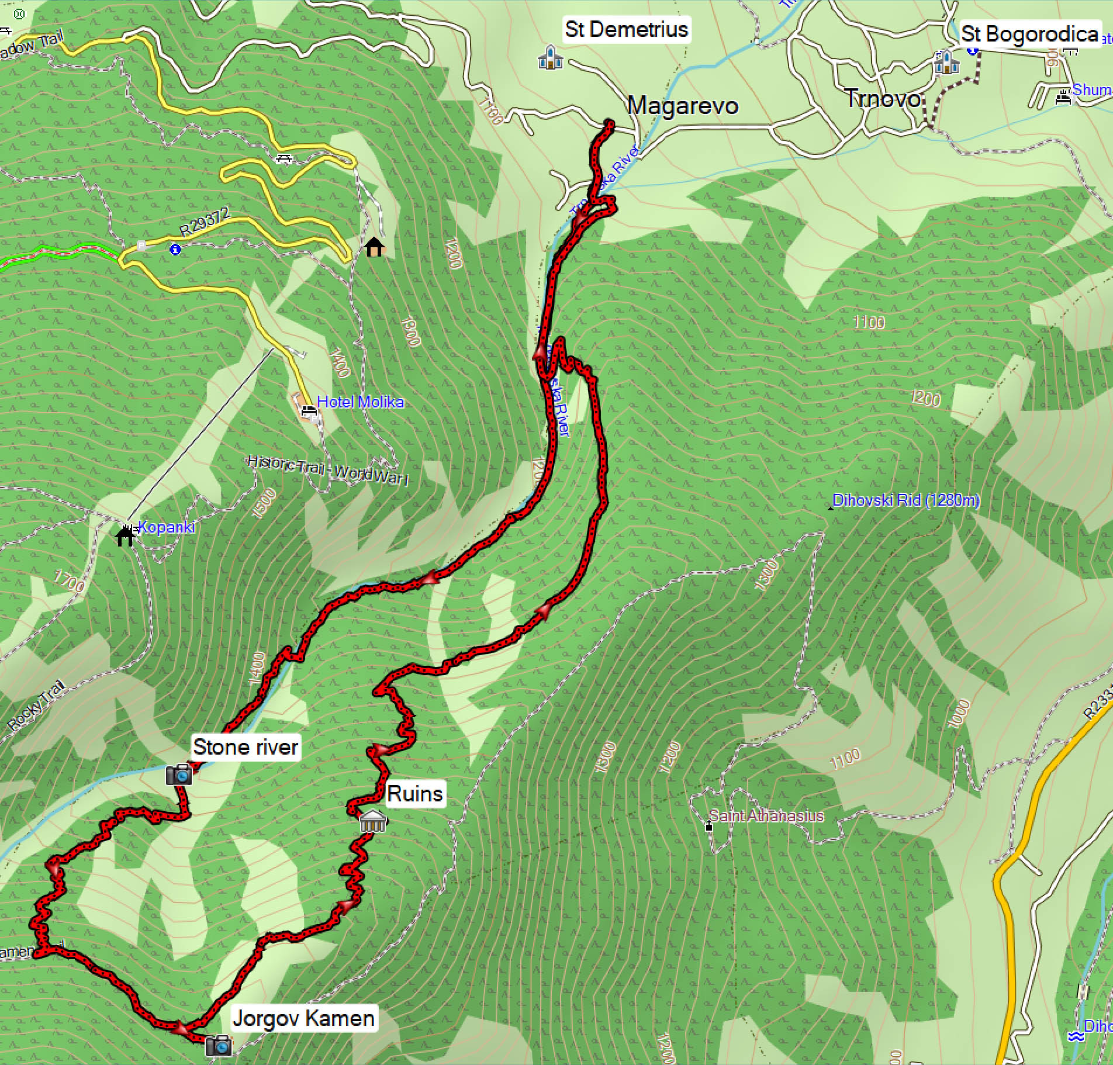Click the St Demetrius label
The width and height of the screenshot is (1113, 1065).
click(626, 29)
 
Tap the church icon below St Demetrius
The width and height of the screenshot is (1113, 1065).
click(550, 57)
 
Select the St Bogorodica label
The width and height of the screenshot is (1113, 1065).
click(1029, 34)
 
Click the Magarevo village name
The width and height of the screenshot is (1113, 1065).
click(682, 106)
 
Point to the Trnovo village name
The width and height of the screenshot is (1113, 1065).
click(883, 99)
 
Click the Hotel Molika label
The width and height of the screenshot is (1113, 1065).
click(360, 402)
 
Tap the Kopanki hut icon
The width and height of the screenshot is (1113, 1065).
click(125, 535)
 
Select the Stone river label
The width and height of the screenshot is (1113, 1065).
click(246, 747)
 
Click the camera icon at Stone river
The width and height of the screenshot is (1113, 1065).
click(179, 774)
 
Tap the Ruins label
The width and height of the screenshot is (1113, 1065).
click(415, 794)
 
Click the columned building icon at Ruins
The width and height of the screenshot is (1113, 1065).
click(373, 821)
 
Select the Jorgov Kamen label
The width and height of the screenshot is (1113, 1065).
click(303, 1018)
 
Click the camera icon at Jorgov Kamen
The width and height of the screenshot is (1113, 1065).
click(219, 1045)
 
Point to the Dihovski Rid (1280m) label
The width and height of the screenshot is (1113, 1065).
click(905, 500)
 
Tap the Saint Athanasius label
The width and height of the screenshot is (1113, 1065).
click(766, 816)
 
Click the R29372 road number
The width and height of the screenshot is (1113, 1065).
click(205, 222)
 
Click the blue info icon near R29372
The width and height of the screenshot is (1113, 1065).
click(175, 250)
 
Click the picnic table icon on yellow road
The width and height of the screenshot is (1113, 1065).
click(284, 158)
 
